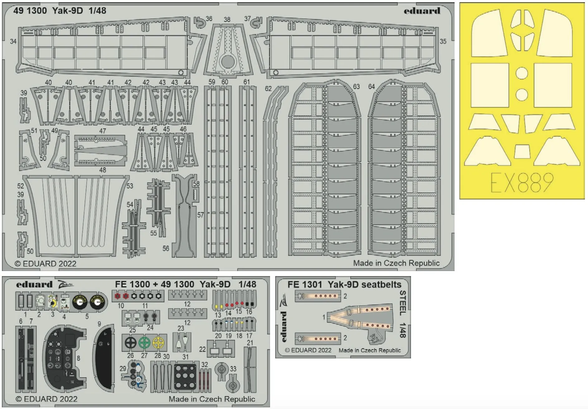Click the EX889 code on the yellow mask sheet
tap(522, 183)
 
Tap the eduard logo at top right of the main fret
tap(422, 11)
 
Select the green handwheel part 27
tap(144, 343)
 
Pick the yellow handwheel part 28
tap(158, 343)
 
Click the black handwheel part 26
tap(130, 343)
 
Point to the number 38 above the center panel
tap(227, 19)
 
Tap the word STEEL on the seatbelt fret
tap(403, 303)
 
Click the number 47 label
tap(103, 131)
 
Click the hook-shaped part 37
tap(257, 22)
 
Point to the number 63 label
tap(356, 86)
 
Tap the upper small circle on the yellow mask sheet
tap(522, 73)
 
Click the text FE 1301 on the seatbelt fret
tap(305, 284)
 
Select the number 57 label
tap(200, 215)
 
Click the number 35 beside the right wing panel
tap(443, 41)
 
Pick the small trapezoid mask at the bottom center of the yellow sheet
tap(522, 151)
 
